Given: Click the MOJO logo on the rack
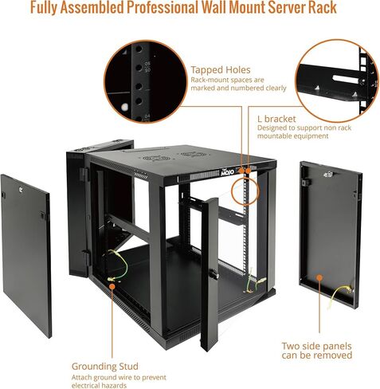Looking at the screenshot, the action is click(x=227, y=172).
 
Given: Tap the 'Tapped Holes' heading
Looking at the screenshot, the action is click(x=221, y=70).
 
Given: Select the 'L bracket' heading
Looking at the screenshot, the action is click(x=276, y=119).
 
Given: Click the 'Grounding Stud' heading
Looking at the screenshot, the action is click(x=105, y=367).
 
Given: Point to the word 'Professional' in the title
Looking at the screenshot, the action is click(x=163, y=7).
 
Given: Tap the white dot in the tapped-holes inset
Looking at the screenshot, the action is click(x=124, y=108).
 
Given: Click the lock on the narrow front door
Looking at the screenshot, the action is click(x=214, y=273).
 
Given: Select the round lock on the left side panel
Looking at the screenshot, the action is click(x=20, y=190).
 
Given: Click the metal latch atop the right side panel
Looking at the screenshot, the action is click(x=328, y=175).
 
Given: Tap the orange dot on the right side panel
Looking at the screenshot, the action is click(x=319, y=278).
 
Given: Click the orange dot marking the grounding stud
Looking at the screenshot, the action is click(x=112, y=286).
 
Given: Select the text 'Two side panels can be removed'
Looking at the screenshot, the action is click(x=317, y=351).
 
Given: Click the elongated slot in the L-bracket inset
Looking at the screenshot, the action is click(x=346, y=78).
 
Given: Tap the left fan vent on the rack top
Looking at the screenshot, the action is click(x=156, y=158).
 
